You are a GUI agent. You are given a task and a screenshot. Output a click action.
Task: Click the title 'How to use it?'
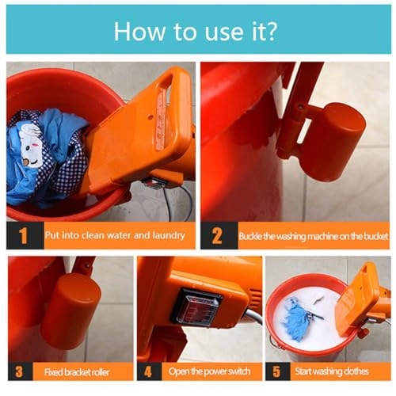coord(198,31)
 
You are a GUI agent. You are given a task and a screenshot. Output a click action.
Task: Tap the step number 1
coord(24,235)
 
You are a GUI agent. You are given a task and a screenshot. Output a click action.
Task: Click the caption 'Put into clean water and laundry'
coord(115,235)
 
